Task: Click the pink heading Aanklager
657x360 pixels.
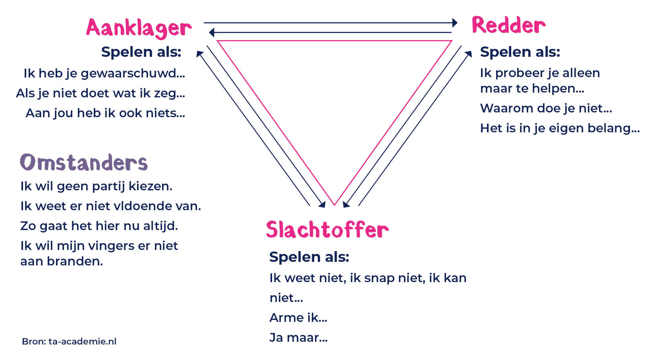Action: [139, 28]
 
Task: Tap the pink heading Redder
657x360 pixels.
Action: [508, 25]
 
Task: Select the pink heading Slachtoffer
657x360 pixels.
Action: [327, 230]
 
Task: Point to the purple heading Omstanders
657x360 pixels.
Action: [84, 163]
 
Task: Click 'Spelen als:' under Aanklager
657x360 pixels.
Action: [141, 52]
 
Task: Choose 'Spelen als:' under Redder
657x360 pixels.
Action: [520, 52]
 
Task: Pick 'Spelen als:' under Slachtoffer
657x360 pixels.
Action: [309, 257]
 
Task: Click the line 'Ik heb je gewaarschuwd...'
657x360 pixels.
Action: [104, 74]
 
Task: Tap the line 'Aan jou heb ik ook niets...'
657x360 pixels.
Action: [105, 113]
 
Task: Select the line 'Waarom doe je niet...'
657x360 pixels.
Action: [546, 108]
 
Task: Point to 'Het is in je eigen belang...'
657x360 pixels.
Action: [560, 128]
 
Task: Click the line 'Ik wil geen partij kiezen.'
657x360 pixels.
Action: [96, 186]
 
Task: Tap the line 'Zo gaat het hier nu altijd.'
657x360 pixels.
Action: [99, 226]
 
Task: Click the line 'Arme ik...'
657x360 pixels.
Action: [298, 318]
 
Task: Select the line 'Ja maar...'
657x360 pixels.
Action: [298, 338]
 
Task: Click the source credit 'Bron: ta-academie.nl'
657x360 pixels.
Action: [69, 341]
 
